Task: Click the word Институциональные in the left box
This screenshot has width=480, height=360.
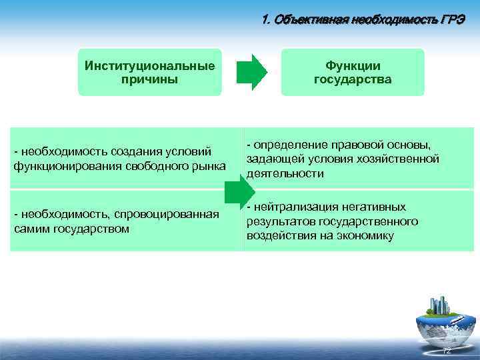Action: point(150,66)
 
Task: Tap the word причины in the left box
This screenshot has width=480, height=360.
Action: point(150,79)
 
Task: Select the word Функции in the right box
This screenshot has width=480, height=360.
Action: point(352,66)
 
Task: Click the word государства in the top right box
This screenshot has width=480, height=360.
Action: point(352,79)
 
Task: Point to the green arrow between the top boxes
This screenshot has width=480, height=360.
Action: point(251,72)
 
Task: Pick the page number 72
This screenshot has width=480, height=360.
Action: point(447,351)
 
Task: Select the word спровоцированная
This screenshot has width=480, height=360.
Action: point(167,214)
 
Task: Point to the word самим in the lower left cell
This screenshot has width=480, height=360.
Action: point(31,228)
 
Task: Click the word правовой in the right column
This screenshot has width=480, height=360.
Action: point(346,145)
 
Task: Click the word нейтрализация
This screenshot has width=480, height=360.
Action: point(295,207)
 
